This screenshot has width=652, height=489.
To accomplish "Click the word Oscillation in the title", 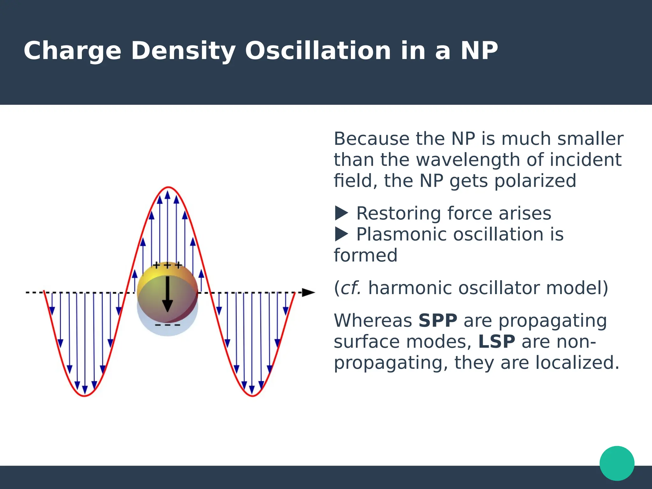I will [318, 51].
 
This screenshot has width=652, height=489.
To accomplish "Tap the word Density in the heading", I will [183, 51].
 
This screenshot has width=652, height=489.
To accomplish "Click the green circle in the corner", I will [617, 463].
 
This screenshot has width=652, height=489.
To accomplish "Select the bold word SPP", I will [438, 321].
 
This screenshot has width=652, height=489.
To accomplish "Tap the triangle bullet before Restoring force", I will [341, 213].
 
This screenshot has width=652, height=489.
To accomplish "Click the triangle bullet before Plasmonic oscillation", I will [341, 234].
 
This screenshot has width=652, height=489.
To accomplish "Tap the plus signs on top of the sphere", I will [167, 265].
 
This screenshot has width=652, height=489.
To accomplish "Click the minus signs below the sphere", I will [167, 325].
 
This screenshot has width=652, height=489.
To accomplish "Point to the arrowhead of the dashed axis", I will [308, 293].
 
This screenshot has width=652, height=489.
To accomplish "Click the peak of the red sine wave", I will [168, 188].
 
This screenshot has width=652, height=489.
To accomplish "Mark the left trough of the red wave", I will [85, 396].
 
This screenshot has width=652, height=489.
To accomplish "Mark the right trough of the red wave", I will [252, 396].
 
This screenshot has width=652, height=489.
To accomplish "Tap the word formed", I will [365, 255].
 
